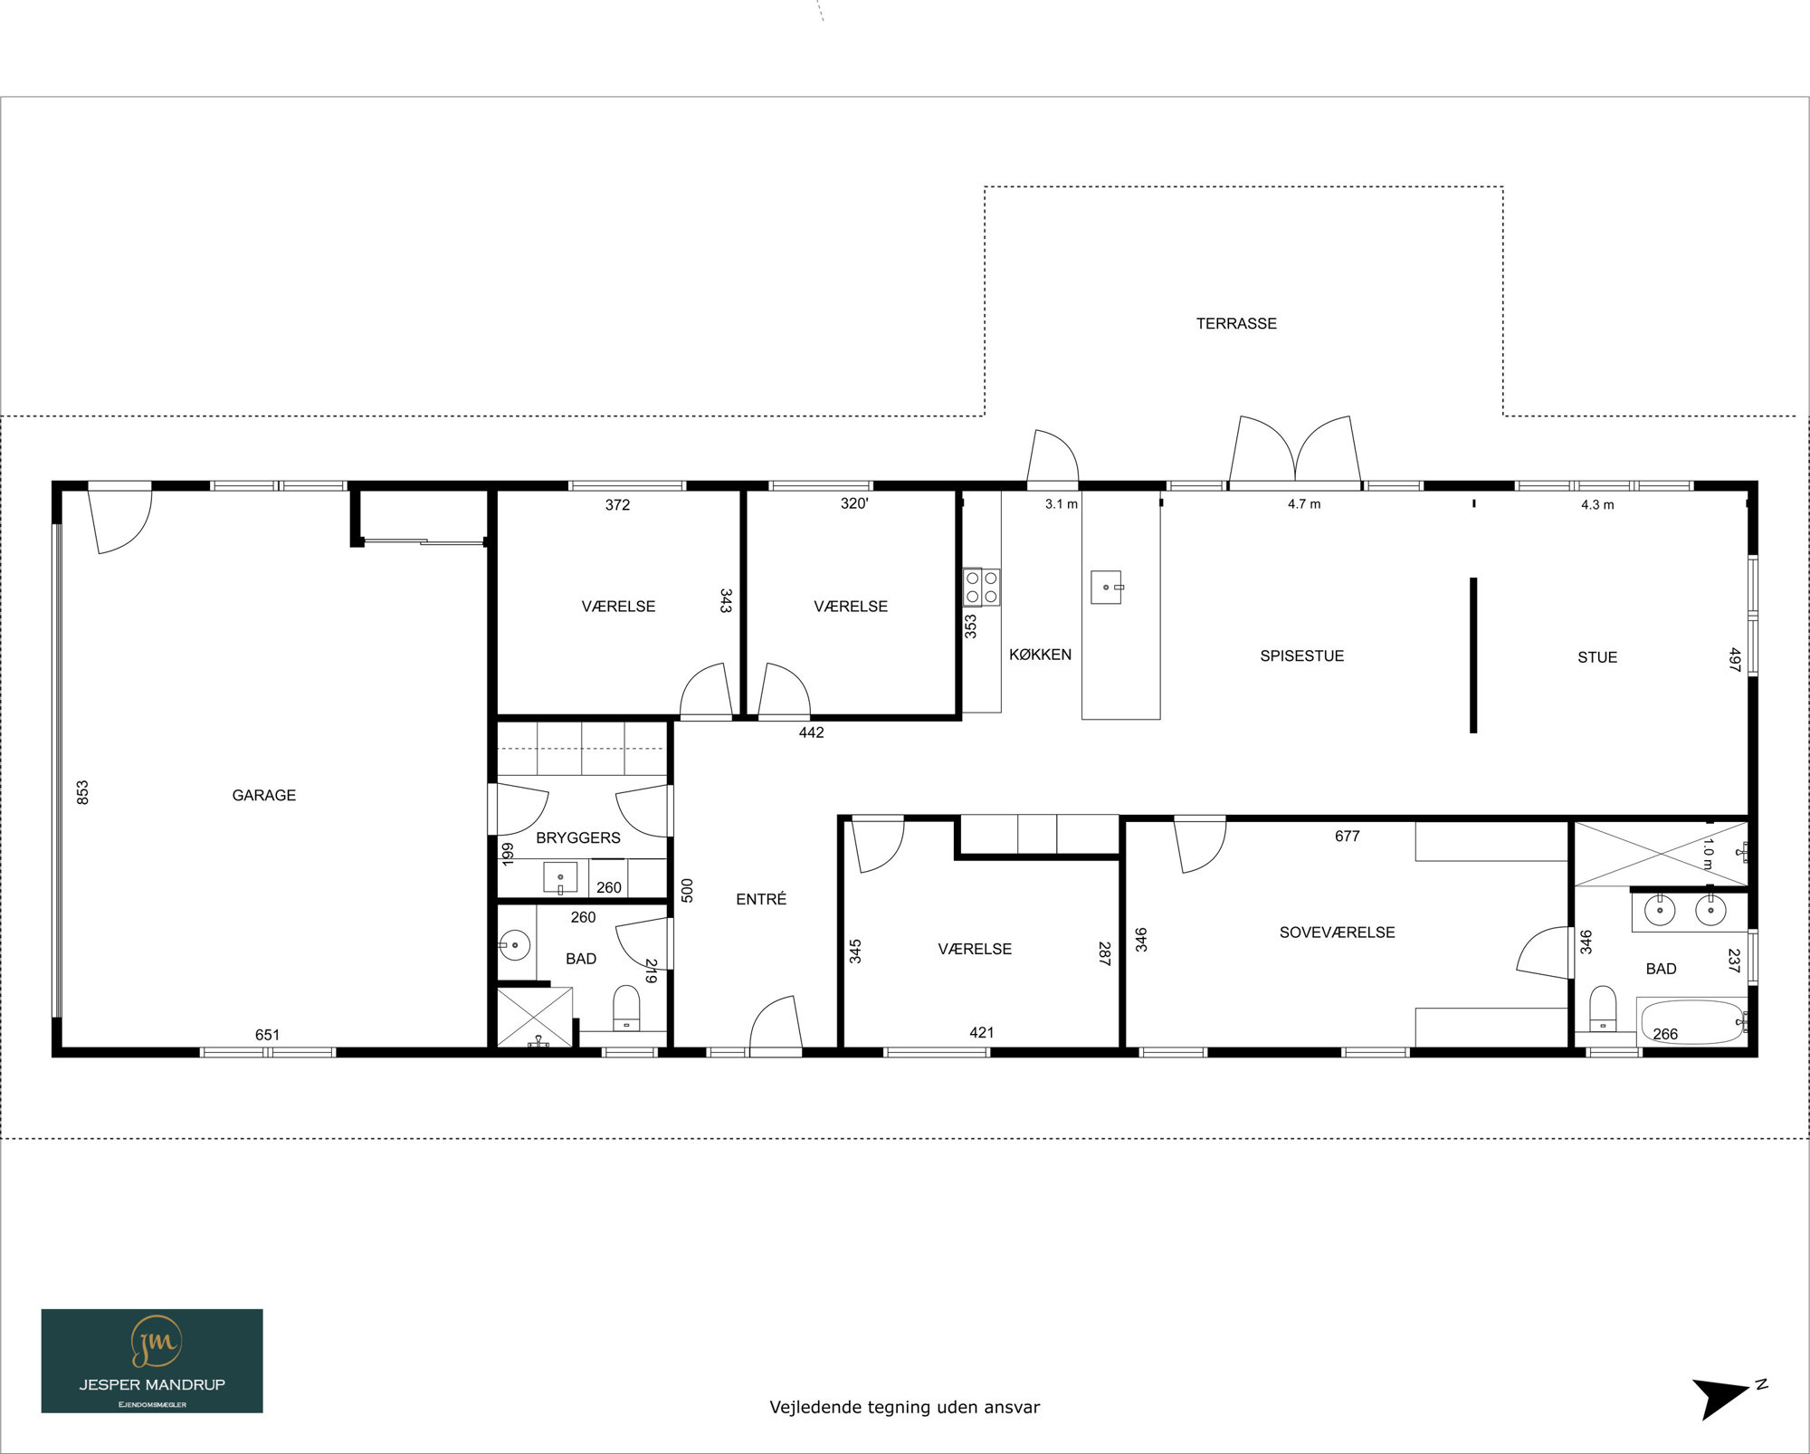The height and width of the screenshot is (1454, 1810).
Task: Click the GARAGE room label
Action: [264, 795]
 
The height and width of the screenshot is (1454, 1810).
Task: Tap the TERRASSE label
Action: [1236, 323]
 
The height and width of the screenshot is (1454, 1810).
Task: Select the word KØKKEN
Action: [1040, 655]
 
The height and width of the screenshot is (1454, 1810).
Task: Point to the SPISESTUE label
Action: [1301, 655]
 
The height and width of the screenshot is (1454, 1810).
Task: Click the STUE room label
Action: [1597, 657]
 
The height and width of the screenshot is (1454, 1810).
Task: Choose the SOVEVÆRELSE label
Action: [1337, 933]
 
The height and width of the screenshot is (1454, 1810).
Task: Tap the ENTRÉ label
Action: [761, 899]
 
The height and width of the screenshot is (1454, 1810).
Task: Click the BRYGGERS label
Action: [578, 837]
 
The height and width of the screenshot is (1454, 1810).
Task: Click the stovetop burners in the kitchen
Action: [982, 587]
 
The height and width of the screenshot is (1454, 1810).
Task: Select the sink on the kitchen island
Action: [1107, 587]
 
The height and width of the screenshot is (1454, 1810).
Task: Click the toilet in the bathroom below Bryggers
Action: [626, 1008]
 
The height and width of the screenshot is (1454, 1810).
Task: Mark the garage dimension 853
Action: [82, 793]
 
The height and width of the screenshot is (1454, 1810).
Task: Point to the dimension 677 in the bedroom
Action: [1347, 837]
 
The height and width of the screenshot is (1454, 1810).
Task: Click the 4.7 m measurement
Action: [1304, 504]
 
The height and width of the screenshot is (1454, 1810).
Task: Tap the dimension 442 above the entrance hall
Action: [811, 732]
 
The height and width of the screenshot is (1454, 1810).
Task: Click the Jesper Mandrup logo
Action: [152, 1361]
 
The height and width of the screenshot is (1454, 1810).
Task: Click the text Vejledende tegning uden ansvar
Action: [905, 1407]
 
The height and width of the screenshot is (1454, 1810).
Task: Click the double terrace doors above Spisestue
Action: [1295, 449]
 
